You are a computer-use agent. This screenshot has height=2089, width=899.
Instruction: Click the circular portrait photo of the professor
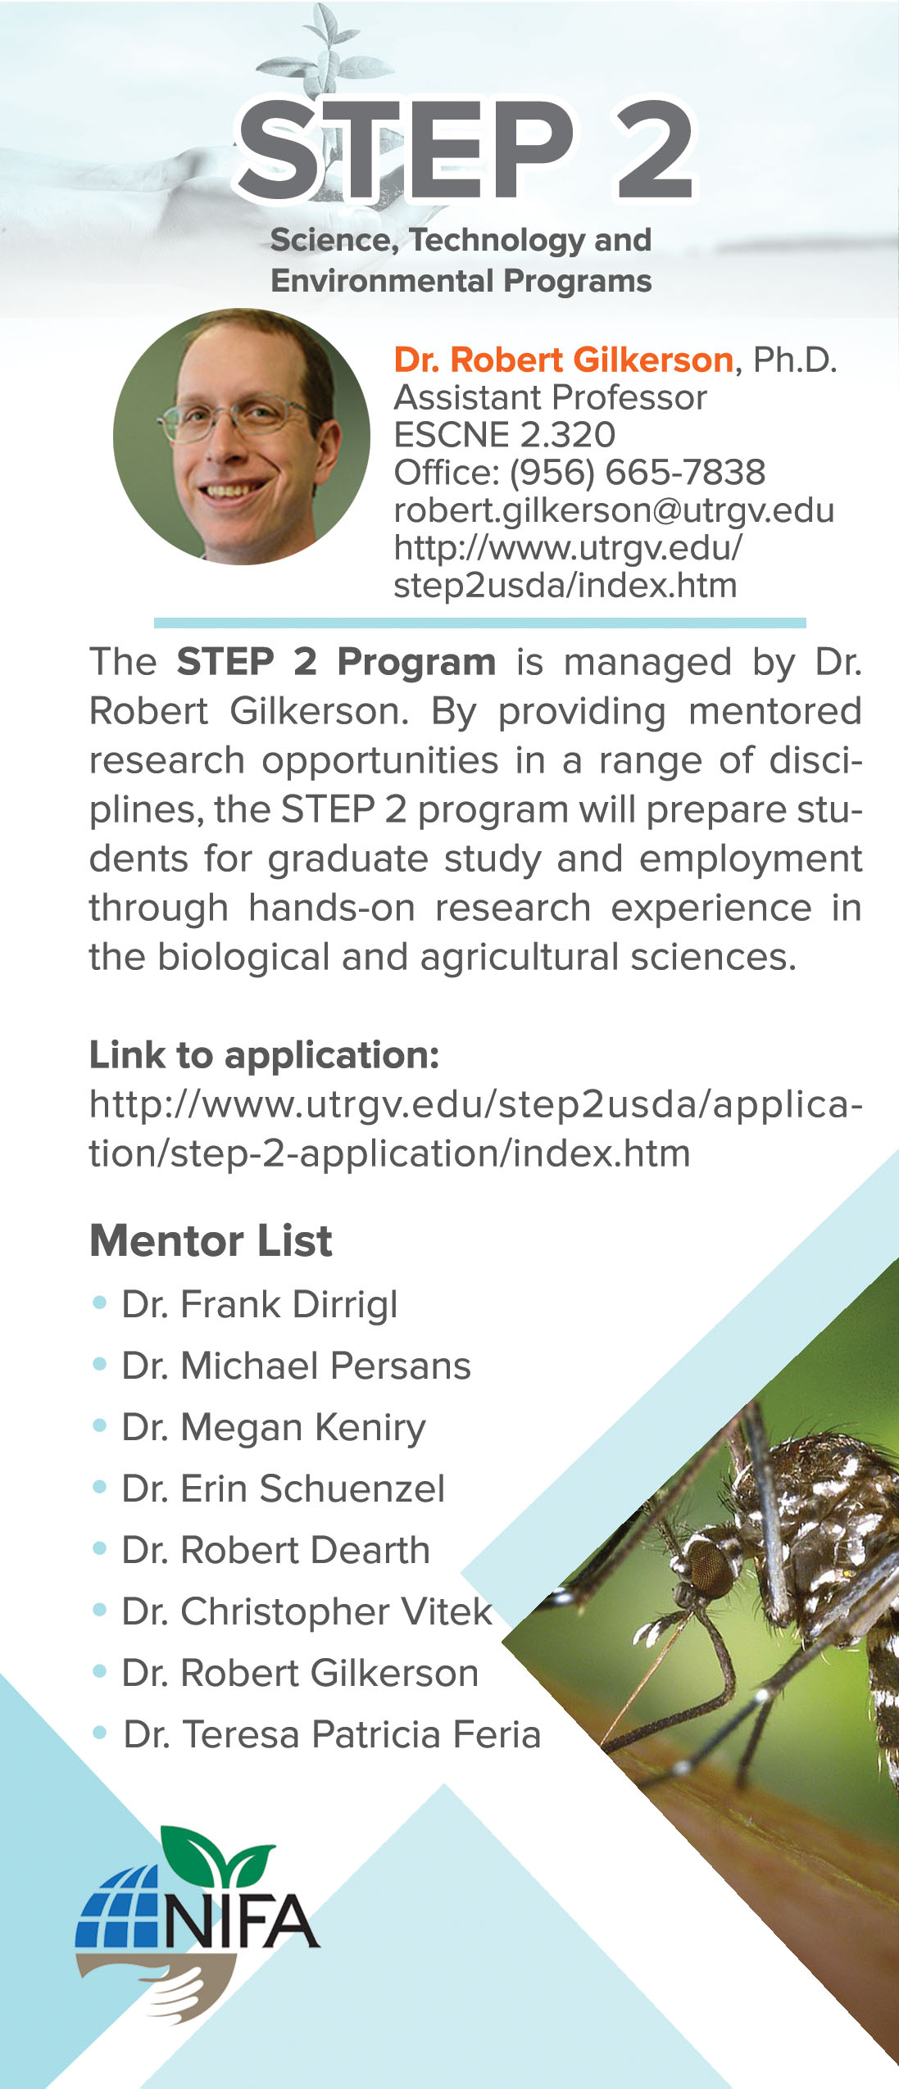pos(242,436)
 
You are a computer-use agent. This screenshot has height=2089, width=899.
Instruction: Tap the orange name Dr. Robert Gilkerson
pos(563,360)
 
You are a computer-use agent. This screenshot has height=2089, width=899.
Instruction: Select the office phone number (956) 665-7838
pos(637,472)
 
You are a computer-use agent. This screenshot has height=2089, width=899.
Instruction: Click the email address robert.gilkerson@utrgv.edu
pos(613,510)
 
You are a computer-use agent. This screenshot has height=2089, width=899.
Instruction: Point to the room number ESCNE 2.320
pos(504,434)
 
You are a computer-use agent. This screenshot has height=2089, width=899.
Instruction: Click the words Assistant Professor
pos(550,397)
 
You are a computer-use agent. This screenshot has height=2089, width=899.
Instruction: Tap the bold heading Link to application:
pos(264,1054)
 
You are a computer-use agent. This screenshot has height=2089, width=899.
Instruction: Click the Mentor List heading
pos(211,1240)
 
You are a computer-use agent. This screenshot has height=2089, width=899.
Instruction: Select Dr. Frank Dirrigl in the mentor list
pos(259,1304)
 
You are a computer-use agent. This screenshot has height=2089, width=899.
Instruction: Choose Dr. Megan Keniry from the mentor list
pos(273,1427)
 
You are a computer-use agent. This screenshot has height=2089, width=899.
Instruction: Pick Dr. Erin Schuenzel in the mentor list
pos(283,1489)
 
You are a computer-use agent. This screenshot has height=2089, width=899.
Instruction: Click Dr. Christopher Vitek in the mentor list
pos(306,1611)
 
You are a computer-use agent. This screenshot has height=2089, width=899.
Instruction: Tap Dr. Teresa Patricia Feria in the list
pos(332,1734)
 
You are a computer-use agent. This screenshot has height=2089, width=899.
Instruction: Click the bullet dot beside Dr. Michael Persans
pos(100,1365)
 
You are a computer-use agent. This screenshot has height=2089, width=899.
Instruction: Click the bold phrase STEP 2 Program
pos(336,661)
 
